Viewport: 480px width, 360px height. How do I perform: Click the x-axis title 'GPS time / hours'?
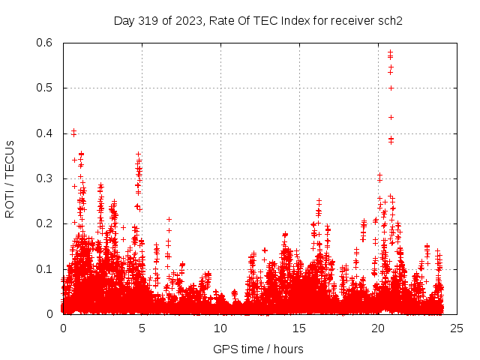click(x=258, y=349)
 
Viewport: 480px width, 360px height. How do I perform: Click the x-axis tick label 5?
click(x=142, y=328)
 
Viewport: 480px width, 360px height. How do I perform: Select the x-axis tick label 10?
click(x=220, y=328)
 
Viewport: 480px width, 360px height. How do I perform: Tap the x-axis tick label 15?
click(x=299, y=328)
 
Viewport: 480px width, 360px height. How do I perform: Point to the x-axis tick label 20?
click(x=378, y=328)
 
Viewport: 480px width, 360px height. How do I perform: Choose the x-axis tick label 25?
click(x=457, y=328)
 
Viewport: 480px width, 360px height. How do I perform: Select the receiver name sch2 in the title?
click(x=390, y=21)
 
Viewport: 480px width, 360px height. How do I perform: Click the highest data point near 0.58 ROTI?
click(x=391, y=52)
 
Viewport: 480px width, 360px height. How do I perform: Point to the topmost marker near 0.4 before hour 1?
click(x=73, y=131)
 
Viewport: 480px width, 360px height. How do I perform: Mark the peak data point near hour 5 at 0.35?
click(x=139, y=154)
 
